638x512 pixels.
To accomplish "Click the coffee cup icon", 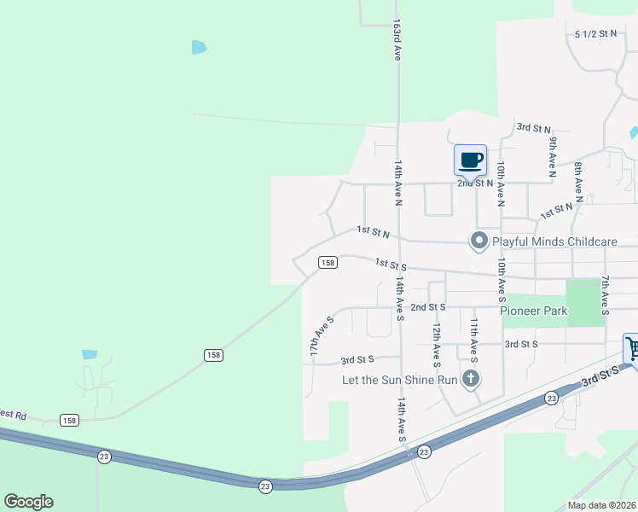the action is [470, 160].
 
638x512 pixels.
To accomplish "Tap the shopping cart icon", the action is [633, 347].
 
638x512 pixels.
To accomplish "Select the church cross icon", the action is [470, 379].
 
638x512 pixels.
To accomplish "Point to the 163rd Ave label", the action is [397, 41].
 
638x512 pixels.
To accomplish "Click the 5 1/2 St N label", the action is [595, 34].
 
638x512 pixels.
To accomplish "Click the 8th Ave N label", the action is [578, 183].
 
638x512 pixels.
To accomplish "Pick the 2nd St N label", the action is [475, 183].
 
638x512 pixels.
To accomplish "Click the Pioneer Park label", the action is [534, 311].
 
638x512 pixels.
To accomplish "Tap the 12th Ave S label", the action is [436, 339].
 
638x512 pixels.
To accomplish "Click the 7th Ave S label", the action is [604, 295].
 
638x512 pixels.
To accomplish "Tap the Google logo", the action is [28, 502].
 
